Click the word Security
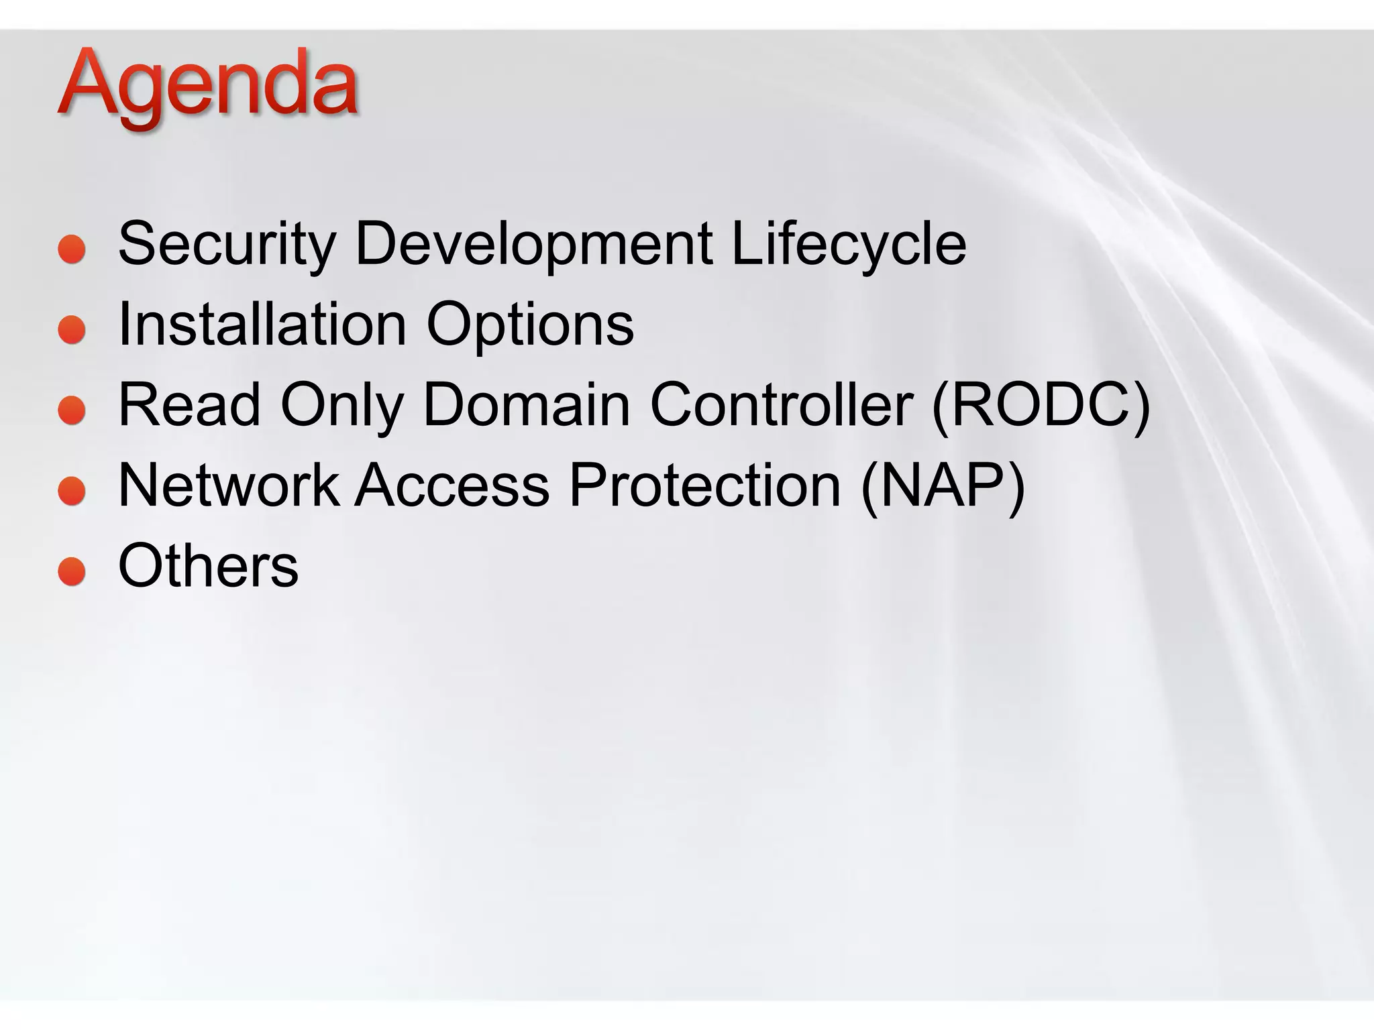pos(227,244)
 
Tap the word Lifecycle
pos(849,244)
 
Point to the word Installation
pos(262,325)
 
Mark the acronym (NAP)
pos(943,486)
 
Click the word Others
pos(208,566)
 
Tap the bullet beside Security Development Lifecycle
pos(72,249)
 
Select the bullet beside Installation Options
pos(72,330)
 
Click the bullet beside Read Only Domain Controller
pos(72,410)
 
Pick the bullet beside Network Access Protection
pos(72,491)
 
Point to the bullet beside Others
pos(72,571)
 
